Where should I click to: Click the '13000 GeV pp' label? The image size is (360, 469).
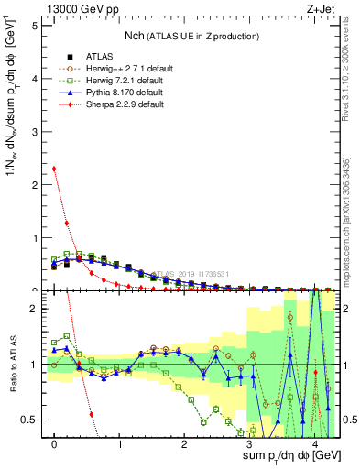72,9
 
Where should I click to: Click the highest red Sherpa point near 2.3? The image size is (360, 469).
55,169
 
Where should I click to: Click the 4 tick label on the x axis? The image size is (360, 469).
314,444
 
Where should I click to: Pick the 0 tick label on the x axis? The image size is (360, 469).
55,444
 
